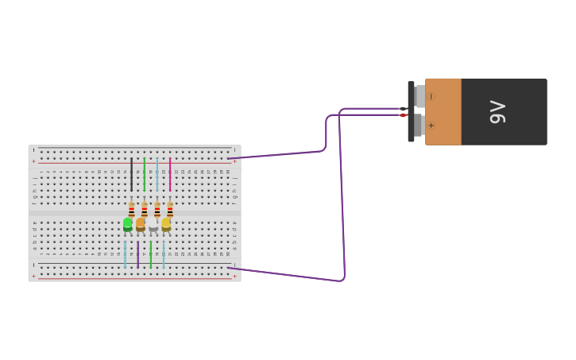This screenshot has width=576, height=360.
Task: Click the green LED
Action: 127,225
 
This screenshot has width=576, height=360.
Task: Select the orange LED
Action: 140,225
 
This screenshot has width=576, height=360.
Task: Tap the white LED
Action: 153,225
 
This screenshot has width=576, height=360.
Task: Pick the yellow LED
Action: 165,225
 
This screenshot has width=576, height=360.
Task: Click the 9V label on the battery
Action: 497,112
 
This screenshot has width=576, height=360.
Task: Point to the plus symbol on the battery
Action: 431,126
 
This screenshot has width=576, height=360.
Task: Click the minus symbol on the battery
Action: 431,96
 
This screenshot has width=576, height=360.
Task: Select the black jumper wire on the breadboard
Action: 132,174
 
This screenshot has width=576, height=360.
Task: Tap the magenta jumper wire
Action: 170,174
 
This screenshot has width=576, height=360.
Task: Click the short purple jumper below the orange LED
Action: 137,254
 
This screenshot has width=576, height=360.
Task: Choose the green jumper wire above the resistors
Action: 145,174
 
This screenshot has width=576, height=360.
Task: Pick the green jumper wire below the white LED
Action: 151,254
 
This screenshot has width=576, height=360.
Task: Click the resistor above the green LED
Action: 131,209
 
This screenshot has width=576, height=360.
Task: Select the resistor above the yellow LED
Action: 170,209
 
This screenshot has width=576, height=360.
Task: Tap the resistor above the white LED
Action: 157,209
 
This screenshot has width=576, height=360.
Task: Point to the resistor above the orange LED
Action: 144,209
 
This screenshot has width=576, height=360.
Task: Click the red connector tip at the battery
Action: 403,115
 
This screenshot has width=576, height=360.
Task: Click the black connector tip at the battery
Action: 403,109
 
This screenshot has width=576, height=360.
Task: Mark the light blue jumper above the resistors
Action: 157,174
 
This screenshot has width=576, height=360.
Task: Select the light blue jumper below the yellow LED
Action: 164,254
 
